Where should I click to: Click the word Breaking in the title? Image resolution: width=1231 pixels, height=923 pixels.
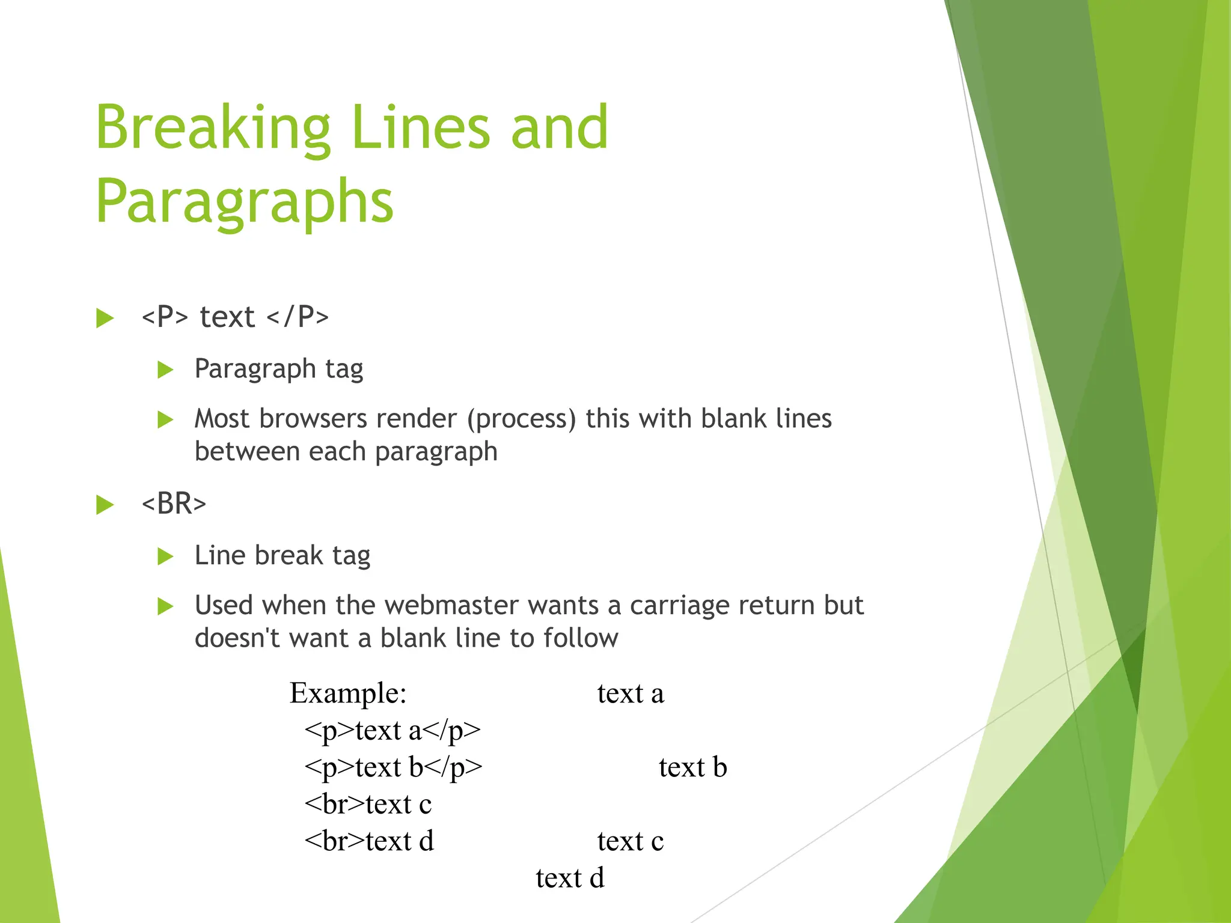point(213,128)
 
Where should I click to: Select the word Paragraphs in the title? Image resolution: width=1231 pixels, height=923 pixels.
point(245,202)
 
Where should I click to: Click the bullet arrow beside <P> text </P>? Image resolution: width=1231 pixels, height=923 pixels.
point(105,318)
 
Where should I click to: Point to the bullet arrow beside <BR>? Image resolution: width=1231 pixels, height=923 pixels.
point(105,505)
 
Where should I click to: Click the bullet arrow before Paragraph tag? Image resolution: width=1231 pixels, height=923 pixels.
point(165,370)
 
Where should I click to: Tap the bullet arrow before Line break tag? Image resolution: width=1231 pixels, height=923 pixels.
point(165,556)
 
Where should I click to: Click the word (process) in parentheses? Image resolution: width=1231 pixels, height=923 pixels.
point(522,419)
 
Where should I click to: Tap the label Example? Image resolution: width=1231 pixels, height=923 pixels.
point(348,693)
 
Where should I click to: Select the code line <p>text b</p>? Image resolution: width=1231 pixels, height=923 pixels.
point(393,768)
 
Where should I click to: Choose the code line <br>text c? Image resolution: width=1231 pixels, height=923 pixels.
point(368,805)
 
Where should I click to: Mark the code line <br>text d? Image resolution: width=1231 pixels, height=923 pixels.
point(369,841)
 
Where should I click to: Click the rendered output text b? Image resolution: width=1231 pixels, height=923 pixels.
point(692,768)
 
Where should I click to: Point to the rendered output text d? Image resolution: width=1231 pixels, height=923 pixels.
point(570,878)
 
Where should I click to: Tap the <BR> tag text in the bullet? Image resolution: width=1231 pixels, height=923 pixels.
point(174,504)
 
